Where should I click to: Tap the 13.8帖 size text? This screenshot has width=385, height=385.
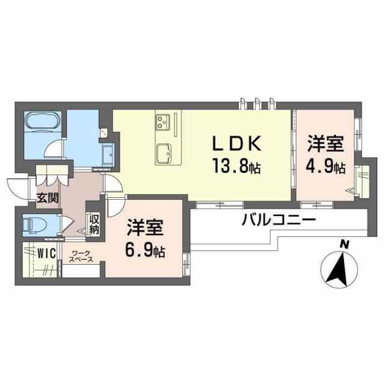235,167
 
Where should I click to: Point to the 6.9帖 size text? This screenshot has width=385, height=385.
146,249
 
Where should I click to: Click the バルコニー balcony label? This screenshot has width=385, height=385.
279,220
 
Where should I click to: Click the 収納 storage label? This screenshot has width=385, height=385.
94,226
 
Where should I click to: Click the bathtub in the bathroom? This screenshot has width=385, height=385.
42,123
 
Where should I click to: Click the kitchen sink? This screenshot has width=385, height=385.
164,153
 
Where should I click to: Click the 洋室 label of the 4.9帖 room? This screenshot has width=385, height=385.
325,145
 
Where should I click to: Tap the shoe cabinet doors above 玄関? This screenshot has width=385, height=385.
51,179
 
